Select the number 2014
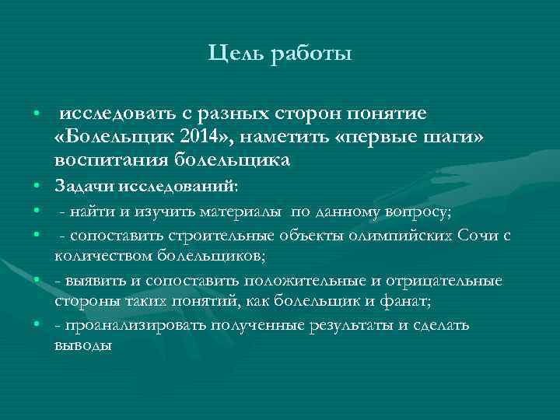(198, 138)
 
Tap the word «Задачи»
(85, 187)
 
